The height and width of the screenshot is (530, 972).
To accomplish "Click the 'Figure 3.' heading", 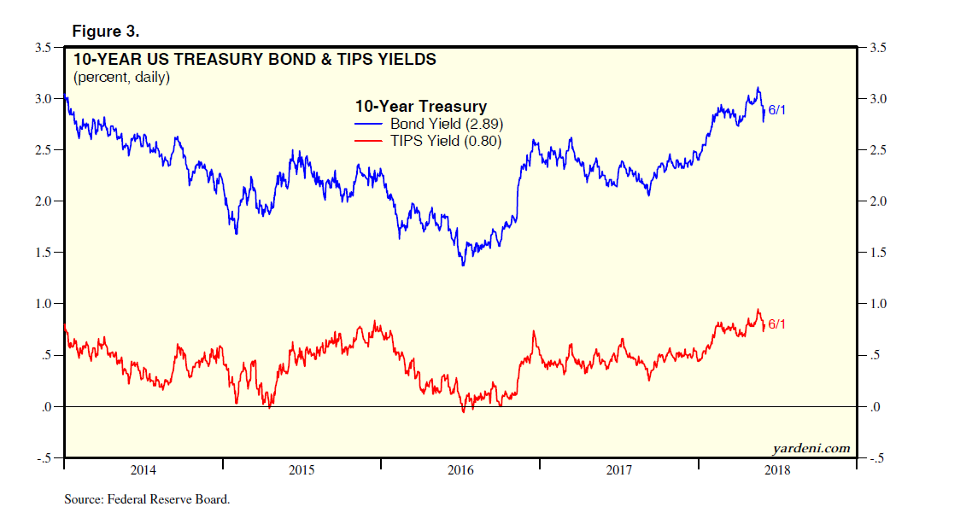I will (x=106, y=32).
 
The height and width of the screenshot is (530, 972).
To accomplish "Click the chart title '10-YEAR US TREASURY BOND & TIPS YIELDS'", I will (x=255, y=60).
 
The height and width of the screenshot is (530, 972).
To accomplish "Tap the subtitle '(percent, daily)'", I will (x=121, y=78).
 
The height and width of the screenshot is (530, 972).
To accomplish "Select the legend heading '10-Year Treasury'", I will (x=420, y=107).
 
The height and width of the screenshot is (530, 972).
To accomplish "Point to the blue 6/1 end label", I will (x=777, y=110).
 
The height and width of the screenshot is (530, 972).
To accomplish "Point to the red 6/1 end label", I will (x=777, y=324).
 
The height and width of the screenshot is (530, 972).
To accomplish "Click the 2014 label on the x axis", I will (x=143, y=470).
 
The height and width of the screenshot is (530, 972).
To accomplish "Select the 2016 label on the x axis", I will (x=460, y=470).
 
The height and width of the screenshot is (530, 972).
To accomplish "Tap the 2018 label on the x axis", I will (x=777, y=470).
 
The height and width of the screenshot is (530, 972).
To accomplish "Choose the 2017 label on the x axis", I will (x=618, y=470).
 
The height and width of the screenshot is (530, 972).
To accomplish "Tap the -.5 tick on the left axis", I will (x=42, y=458).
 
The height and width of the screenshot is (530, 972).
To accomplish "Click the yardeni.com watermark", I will (x=811, y=448).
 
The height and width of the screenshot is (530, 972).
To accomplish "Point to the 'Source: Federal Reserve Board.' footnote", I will (x=147, y=499).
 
